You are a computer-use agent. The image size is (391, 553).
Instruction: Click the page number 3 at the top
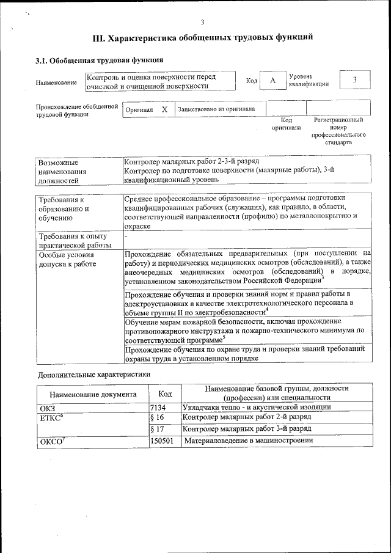coord(202,23)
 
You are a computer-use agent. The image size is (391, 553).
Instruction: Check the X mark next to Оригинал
coord(164,109)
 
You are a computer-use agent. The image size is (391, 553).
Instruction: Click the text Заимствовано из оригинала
coord(216,109)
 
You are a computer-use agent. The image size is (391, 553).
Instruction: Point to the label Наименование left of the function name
coord(56,82)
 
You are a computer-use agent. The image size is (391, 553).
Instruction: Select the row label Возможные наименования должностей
coord(62,172)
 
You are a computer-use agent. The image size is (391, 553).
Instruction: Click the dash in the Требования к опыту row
coord(125,235)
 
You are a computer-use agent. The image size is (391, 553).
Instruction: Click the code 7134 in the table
coord(158,406)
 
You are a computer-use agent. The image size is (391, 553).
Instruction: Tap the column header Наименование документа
coord(93,394)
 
